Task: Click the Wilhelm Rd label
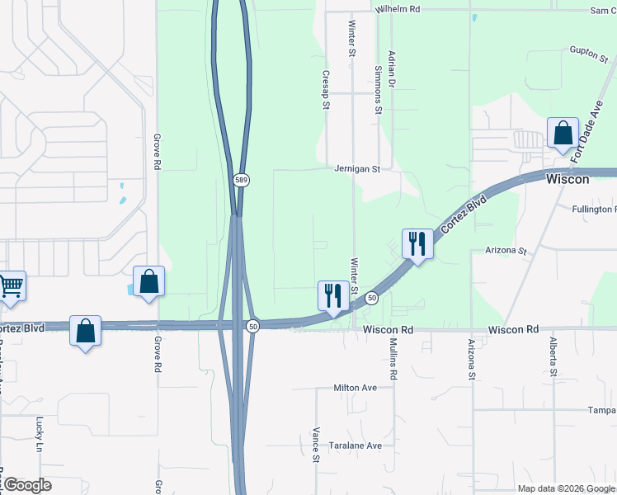(398, 8)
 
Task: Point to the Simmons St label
(379, 89)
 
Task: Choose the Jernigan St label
(356, 169)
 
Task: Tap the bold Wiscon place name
(568, 179)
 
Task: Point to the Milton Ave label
(355, 387)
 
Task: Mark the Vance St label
(316, 445)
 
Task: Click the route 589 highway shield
(240, 180)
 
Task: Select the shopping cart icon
(11, 286)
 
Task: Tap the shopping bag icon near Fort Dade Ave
(563, 132)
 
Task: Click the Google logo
(26, 485)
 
